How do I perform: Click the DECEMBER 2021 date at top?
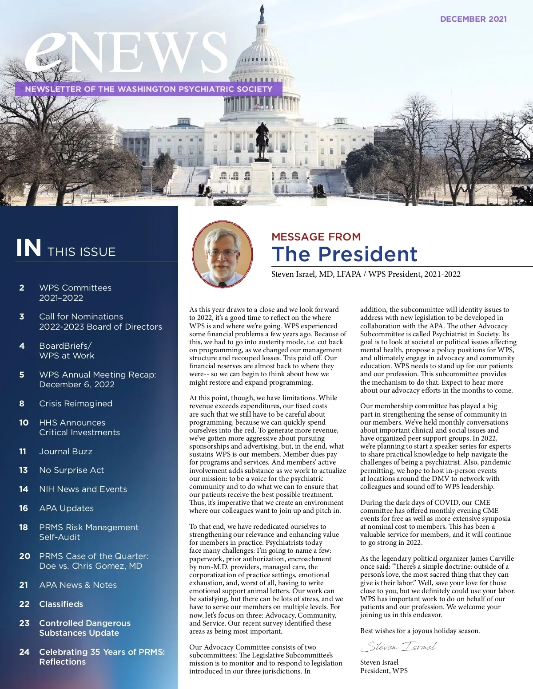473,19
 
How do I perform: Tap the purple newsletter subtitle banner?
149,89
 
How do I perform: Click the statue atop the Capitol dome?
262,13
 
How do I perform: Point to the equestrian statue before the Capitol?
262,140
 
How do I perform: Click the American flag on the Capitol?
257,106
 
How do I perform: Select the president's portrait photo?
223,254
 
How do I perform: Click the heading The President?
345,254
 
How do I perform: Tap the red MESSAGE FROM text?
316,236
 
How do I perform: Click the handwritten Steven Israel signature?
398,646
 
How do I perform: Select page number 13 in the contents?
24,470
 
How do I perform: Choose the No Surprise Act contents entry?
72,470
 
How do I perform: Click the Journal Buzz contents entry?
66,451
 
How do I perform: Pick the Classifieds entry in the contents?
61,604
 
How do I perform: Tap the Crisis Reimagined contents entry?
76,403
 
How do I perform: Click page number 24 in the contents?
24,652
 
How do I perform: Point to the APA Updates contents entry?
67,508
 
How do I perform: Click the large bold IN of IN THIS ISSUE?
29,248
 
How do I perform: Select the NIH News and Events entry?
83,489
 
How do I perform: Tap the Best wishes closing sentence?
420,630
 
